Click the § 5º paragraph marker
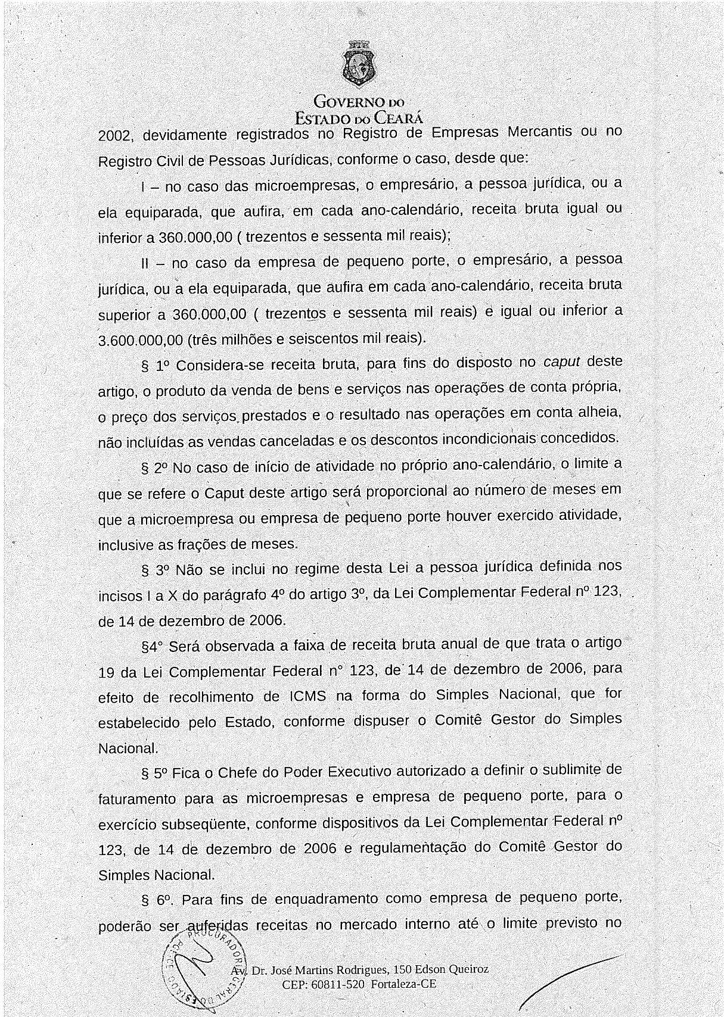(154, 773)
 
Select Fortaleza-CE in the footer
(403, 984)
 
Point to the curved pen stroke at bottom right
(566, 977)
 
